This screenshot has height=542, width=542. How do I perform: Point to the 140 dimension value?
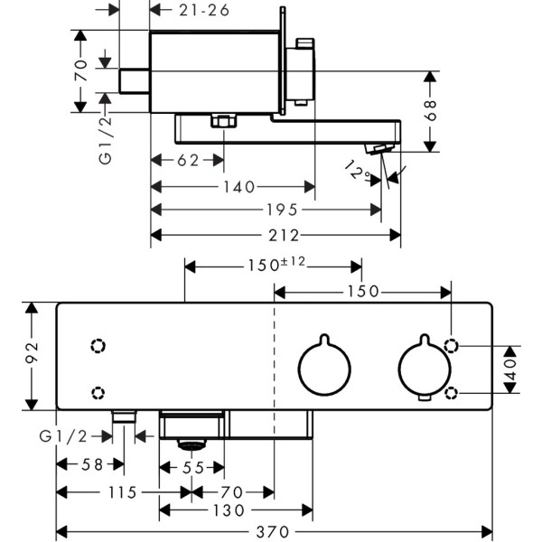click(237, 187)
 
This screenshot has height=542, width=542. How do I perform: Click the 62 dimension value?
click(186, 161)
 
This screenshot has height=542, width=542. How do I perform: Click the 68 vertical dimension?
click(431, 110)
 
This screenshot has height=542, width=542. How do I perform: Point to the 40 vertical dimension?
click(510, 369)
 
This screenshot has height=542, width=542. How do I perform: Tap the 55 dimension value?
click(192, 467)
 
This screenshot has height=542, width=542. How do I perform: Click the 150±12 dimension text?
click(276, 265)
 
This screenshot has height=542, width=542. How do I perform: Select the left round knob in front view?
click(324, 369)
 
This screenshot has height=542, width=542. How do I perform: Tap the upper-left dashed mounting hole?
click(98, 345)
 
